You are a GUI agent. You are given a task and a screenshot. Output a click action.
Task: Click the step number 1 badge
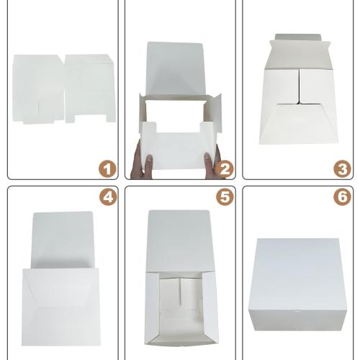tap(107, 169)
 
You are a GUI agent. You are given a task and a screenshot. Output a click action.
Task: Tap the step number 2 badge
tap(225, 169)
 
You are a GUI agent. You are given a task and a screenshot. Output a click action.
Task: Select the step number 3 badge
tap(342, 169)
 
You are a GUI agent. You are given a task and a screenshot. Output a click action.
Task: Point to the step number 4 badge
tap(108, 197)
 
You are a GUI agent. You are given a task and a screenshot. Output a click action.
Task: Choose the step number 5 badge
tap(225, 197)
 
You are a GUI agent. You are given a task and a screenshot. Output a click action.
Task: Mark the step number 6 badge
tap(342, 197)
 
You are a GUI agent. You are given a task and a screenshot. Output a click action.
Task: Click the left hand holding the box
tap(142, 163)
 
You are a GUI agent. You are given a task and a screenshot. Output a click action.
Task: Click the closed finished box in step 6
tap(297, 284)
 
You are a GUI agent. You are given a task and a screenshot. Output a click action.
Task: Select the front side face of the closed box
tap(297, 320)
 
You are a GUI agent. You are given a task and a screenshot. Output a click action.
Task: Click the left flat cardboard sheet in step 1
tap(38, 89)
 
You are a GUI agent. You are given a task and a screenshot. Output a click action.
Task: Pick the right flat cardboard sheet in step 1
tap(90, 89)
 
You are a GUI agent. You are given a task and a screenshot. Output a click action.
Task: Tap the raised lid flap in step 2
tap(176, 68)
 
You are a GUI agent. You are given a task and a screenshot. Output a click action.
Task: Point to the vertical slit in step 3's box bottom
tap(299, 86)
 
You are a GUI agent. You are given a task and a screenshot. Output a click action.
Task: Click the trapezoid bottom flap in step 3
tap(299, 124)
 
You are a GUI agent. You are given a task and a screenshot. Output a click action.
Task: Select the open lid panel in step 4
tap(63, 240)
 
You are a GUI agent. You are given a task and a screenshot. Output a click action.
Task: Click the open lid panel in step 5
tap(179, 241)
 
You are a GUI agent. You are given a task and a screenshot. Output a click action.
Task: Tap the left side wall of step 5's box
tap(152, 307)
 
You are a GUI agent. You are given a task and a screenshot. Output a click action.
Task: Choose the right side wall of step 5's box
tap(210, 307)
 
